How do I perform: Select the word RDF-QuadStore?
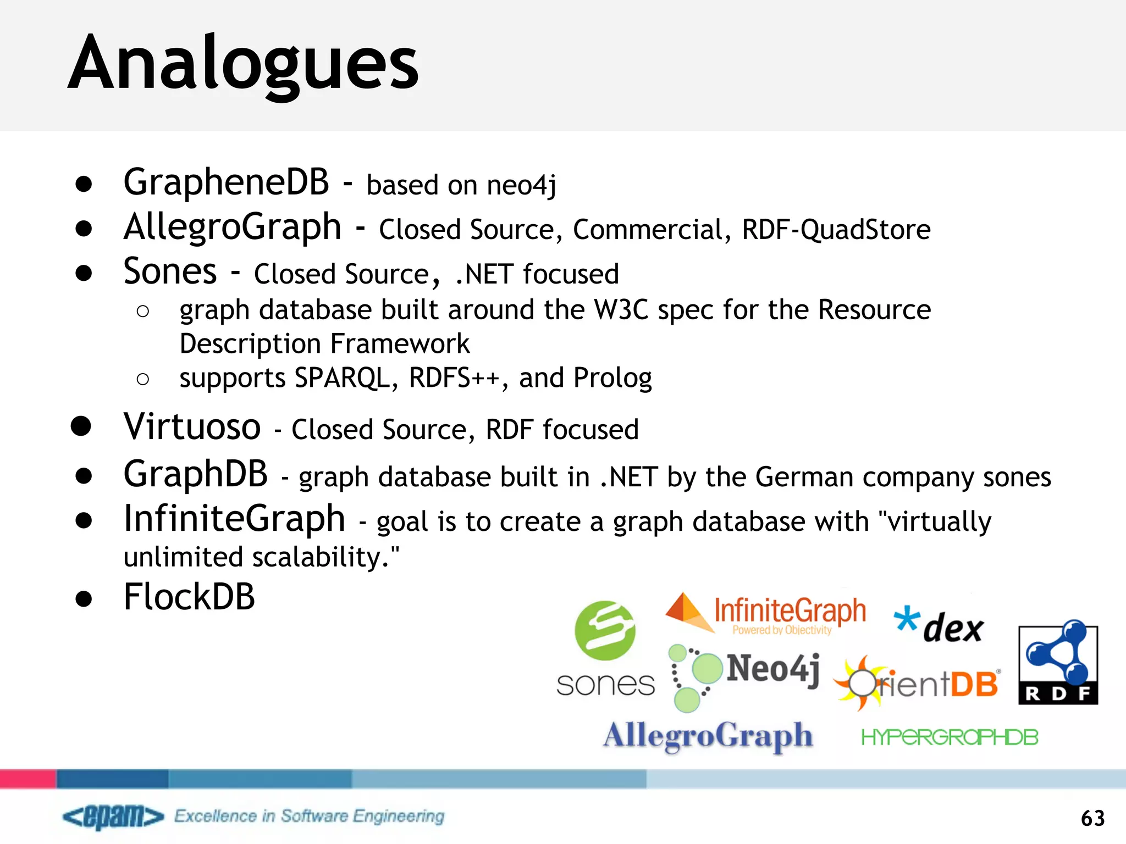[836, 230]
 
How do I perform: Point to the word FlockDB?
[189, 597]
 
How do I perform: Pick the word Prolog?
[612, 379]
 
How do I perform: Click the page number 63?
[1092, 818]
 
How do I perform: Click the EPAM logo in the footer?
[113, 817]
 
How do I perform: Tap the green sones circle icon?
[605, 630]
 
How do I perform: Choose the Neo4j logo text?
[773, 669]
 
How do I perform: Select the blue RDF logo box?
[1058, 664]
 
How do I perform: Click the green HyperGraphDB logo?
[950, 737]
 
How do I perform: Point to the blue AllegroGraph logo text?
[708, 736]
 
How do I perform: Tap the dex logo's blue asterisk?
[906, 619]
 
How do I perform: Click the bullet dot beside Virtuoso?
[81, 426]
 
